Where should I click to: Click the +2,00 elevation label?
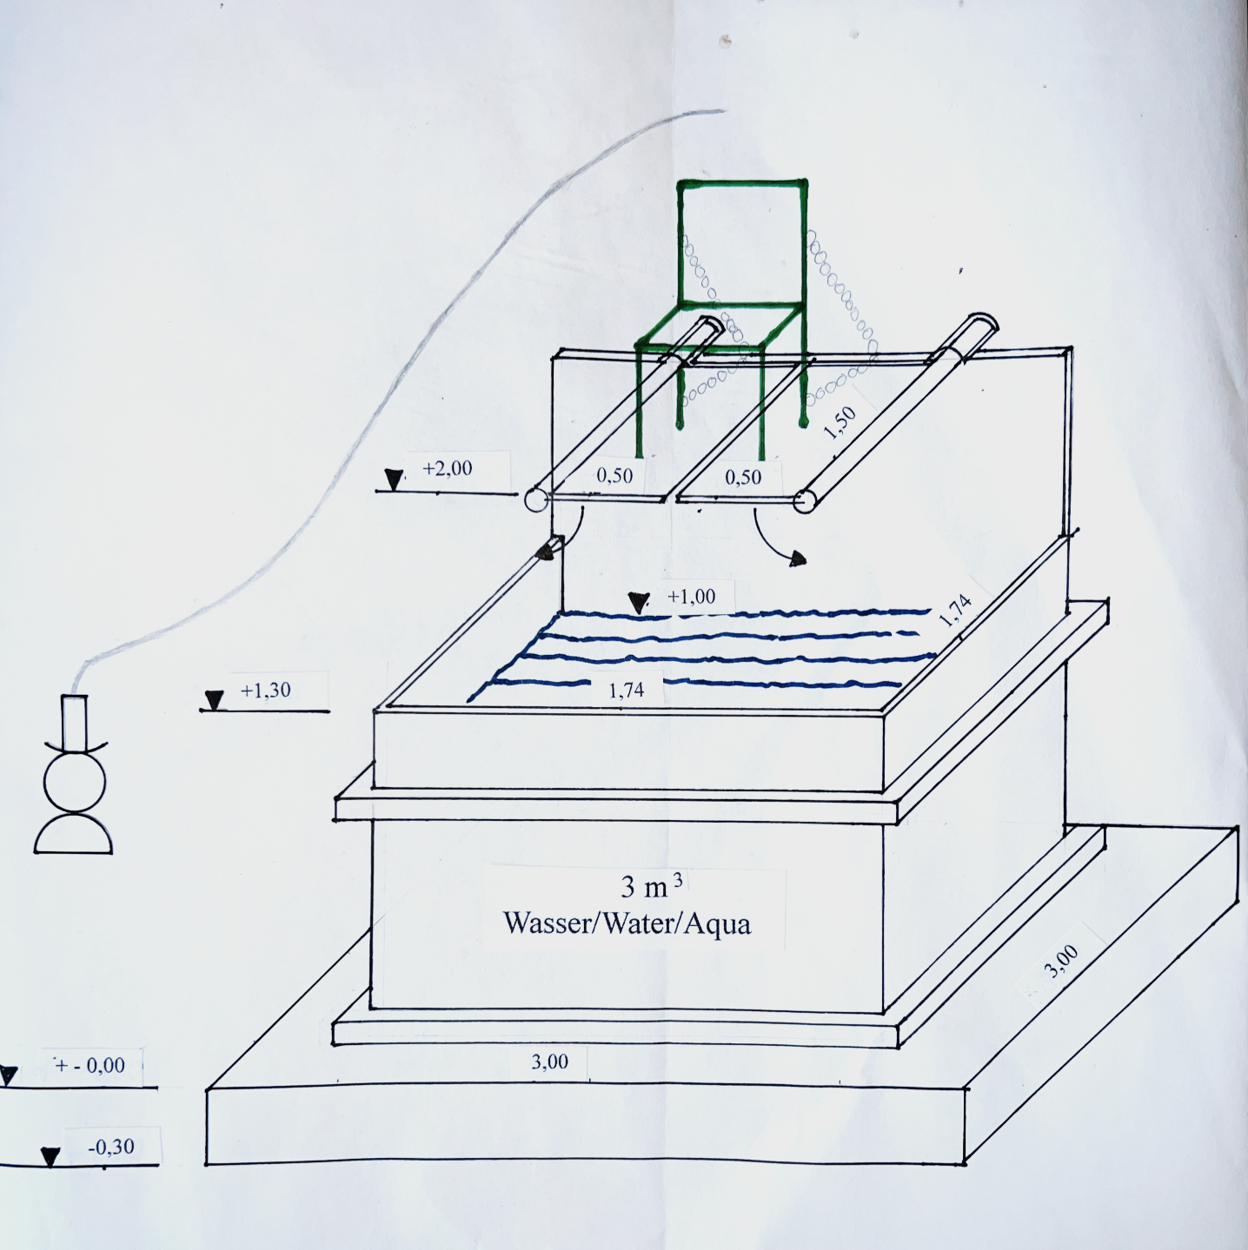click(x=448, y=467)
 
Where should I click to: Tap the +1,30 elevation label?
click(x=265, y=690)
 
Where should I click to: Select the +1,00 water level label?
click(x=691, y=596)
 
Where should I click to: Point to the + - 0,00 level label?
click(x=90, y=1064)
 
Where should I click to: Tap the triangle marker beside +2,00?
click(x=394, y=480)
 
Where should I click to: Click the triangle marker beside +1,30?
click(x=214, y=700)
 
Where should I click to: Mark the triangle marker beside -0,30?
click(x=50, y=1156)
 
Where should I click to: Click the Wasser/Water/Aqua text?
click(x=627, y=923)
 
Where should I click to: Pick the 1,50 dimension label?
click(x=840, y=422)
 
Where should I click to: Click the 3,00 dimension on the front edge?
click(x=549, y=1062)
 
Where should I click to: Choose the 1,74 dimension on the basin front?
click(x=627, y=691)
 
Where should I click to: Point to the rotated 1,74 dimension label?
click(x=955, y=611)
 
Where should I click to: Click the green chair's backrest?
click(x=742, y=245)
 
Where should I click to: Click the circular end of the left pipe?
click(x=534, y=500)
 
